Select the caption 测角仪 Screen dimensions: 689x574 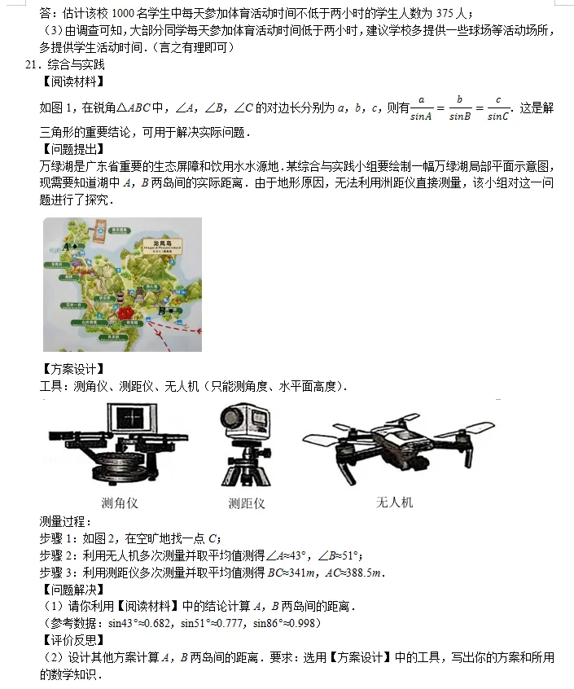pyautogui.click(x=119, y=502)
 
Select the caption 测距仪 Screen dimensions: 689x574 pyautogui.click(x=247, y=503)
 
